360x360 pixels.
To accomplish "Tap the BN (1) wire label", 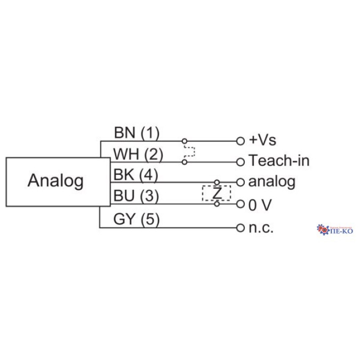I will point(137,132).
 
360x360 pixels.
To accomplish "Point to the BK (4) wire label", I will point(136,175).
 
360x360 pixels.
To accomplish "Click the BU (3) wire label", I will point(136,196).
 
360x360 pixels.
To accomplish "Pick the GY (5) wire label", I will point(137,219).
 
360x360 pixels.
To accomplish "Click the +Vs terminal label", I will point(262,140).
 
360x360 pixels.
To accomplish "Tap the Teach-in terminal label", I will point(279,161).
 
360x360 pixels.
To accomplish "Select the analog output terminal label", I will point(272,181).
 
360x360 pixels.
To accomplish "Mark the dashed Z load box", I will point(217,193).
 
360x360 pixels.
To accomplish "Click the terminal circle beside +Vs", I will point(240,141).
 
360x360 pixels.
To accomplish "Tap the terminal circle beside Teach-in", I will point(240,161).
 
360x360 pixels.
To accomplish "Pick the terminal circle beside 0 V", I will point(240,204).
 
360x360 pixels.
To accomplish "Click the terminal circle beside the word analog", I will point(240,182).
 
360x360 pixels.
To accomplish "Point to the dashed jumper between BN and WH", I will point(189,151).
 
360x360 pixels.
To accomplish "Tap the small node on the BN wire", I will point(184,141).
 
